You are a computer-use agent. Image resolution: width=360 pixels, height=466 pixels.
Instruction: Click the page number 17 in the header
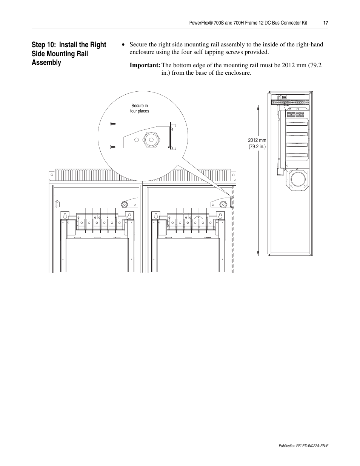[325, 23]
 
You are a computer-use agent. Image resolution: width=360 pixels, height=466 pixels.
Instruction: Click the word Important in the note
[145, 65]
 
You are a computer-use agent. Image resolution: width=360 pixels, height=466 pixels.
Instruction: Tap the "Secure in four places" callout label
[140, 108]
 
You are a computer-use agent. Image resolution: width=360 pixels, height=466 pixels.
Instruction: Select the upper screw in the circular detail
[113, 124]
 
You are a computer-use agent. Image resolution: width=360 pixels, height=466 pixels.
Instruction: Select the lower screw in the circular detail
[113, 146]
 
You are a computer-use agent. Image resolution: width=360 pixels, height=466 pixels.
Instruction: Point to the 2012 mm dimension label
[257, 140]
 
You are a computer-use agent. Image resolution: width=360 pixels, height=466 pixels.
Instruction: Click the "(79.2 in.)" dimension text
[257, 147]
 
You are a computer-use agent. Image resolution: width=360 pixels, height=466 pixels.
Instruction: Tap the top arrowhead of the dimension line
[258, 106]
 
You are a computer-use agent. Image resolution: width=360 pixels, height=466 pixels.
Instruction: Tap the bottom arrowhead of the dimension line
[258, 254]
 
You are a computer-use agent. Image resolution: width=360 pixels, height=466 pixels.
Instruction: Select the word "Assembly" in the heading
[46, 63]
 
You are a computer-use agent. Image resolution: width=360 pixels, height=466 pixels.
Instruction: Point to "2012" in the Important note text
[289, 65]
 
